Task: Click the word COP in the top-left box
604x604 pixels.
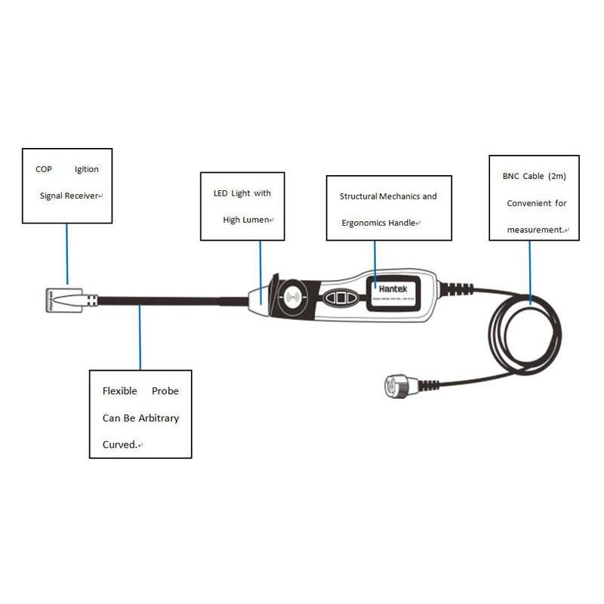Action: pyautogui.click(x=44, y=169)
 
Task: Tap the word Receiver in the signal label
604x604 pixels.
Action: pyautogui.click(x=81, y=196)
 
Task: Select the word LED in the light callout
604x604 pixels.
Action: pyautogui.click(x=220, y=193)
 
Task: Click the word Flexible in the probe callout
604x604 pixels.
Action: pyautogui.click(x=120, y=391)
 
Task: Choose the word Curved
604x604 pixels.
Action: pyautogui.click(x=119, y=445)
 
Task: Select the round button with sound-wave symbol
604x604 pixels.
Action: pyautogui.click(x=293, y=297)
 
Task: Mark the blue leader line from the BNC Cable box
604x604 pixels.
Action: pyautogui.click(x=532, y=272)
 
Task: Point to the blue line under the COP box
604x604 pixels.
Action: pyautogui.click(x=66, y=253)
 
